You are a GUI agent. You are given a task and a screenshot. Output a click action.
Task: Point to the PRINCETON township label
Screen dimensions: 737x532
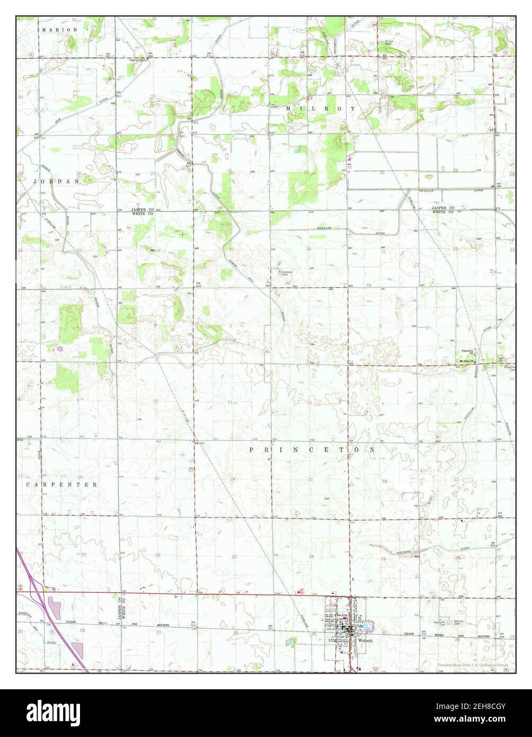pos(313,449)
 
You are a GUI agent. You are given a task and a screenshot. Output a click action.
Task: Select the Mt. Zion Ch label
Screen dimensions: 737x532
pos(467,363)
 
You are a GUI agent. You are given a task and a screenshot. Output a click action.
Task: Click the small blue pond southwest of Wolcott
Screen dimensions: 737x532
pos(291,642)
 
